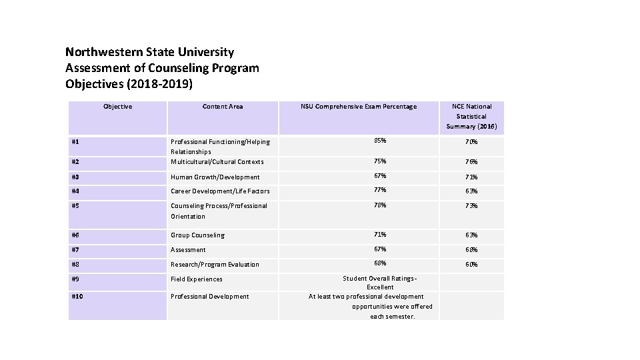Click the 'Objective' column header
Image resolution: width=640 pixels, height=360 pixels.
(117, 107)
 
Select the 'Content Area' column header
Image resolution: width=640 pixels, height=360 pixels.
(223, 107)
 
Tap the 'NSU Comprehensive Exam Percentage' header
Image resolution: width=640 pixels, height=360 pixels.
(358, 107)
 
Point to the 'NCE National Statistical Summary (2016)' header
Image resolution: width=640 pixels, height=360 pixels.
(471, 116)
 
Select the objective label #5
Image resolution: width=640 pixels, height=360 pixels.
(76, 206)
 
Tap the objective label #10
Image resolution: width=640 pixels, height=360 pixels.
(77, 297)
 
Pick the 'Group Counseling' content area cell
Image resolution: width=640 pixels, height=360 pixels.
(198, 235)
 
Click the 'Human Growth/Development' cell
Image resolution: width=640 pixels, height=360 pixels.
(215, 177)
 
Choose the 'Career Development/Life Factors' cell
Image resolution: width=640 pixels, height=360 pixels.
(220, 191)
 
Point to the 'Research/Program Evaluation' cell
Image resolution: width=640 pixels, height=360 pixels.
(215, 265)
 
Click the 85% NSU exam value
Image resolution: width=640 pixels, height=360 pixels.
(380, 141)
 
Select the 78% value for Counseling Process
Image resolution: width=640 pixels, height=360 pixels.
(380, 205)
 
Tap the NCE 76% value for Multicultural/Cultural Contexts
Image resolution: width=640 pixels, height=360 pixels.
(471, 162)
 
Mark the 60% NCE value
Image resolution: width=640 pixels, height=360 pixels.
(471, 265)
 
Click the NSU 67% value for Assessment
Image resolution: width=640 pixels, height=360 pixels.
(380, 249)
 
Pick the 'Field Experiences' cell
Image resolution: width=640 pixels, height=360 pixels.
(197, 279)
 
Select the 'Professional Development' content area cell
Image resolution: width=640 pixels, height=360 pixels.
(210, 297)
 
